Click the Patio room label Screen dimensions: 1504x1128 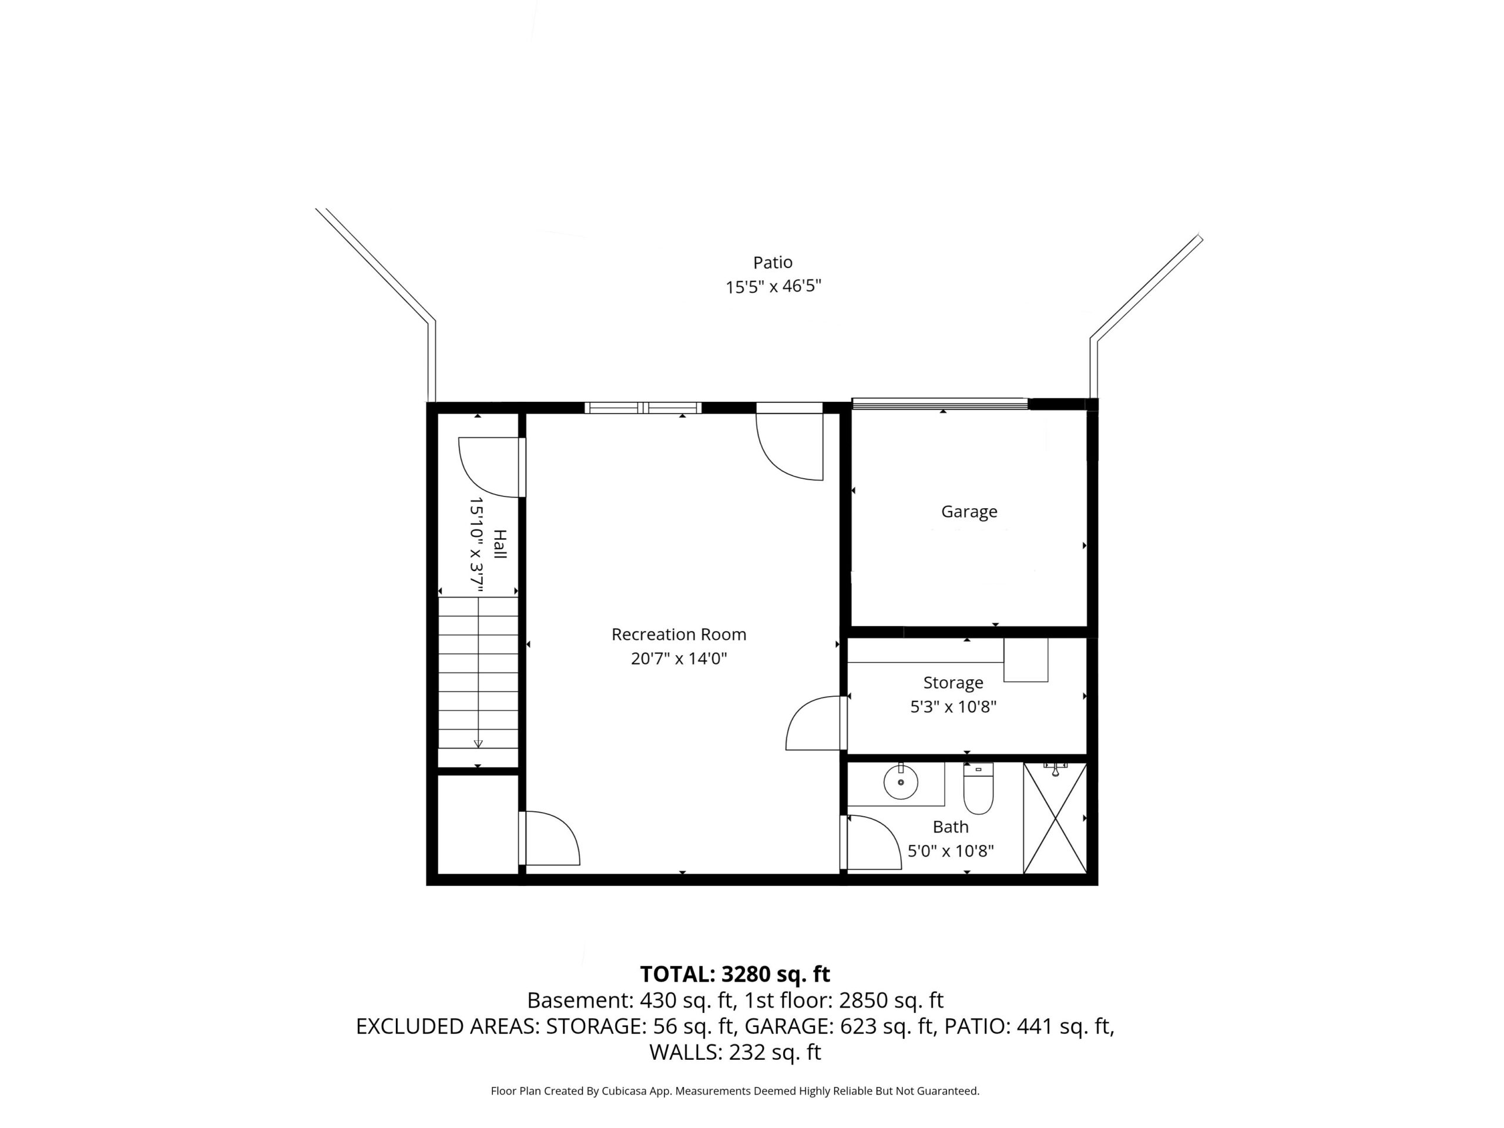pos(773,262)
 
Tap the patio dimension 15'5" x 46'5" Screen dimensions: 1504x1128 pos(773,286)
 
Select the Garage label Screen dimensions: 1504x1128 pos(969,511)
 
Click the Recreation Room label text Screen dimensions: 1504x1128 pos(679,634)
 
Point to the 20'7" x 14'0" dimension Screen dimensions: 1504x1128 pos(679,658)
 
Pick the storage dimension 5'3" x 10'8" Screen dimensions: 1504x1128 pos(954,706)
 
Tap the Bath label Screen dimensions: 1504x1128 pos(951,827)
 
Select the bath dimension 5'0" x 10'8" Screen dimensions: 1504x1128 pos(951,851)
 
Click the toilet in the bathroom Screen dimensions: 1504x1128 pos(978,788)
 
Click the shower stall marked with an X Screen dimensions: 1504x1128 pos(1055,818)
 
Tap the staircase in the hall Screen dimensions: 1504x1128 pos(478,673)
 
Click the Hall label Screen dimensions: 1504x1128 pos(500,544)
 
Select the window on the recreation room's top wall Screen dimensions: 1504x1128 pos(643,408)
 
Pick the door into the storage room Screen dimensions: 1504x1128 pos(817,722)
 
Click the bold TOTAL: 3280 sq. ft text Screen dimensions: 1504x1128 pos(735,974)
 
